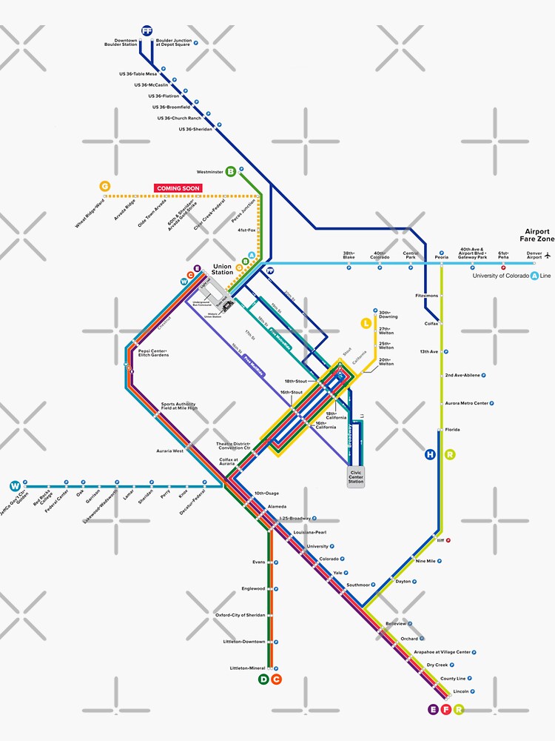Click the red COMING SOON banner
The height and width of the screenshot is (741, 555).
178,188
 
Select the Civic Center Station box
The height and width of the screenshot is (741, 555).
356,476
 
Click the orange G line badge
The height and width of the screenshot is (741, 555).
104,186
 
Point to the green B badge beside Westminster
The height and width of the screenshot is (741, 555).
231,171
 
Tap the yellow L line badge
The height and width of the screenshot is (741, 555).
366,322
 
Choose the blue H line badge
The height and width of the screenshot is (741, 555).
430,454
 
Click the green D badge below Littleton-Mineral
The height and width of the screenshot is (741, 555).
263,679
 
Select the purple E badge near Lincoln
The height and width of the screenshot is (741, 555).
433,709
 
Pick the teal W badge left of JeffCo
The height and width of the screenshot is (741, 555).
14,486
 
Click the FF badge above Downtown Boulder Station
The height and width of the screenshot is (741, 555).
147,30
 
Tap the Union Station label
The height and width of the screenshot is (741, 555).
222,270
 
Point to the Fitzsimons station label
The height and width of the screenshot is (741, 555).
427,296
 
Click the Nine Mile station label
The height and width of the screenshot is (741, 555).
425,561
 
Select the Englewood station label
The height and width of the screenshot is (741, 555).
252,588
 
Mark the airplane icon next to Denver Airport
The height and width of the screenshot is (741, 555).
548,256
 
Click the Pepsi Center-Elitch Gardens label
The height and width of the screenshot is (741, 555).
153,353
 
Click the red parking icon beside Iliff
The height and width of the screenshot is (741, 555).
448,540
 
